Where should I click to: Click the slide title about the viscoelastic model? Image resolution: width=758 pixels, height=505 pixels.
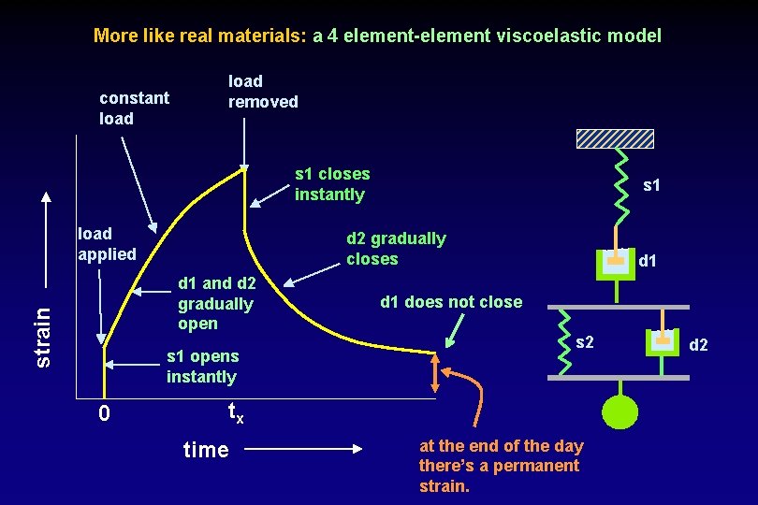(377, 36)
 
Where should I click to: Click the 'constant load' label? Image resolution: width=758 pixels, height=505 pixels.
(134, 108)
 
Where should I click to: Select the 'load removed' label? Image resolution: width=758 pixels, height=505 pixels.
(263, 92)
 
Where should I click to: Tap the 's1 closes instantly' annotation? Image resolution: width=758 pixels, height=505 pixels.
(332, 184)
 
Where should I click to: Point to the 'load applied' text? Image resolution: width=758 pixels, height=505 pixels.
(106, 243)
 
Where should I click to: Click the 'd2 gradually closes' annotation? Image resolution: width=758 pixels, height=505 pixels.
(395, 249)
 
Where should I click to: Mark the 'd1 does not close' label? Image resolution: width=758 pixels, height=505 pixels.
(450, 301)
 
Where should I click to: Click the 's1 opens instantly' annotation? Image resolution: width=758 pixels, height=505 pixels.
(202, 367)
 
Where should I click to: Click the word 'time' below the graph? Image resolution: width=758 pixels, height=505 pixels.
(206, 450)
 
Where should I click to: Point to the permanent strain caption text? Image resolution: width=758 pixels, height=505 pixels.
(500, 466)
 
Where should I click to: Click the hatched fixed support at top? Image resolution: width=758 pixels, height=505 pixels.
(615, 138)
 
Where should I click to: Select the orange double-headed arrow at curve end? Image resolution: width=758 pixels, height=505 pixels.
(434, 374)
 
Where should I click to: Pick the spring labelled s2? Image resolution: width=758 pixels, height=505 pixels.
(562, 340)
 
